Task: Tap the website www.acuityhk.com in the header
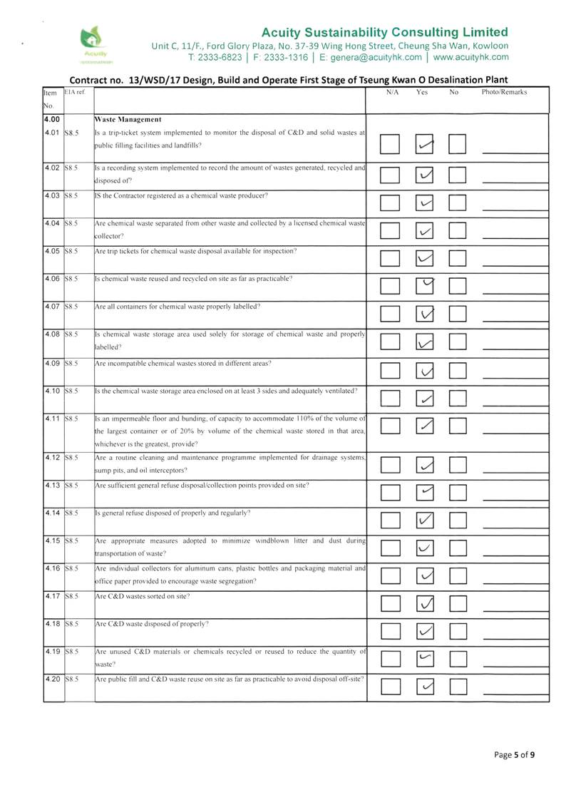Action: pyautogui.click(x=471, y=56)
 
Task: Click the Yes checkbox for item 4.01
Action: pyautogui.click(x=426, y=145)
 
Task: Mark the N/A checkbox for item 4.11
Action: pyautogui.click(x=390, y=426)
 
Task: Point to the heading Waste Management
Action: pyautogui.click(x=128, y=119)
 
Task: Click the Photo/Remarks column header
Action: pyautogui.click(x=504, y=93)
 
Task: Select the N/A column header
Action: pyautogui.click(x=392, y=93)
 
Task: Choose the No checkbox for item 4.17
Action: pyautogui.click(x=458, y=605)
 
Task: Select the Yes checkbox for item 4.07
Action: pyautogui.click(x=426, y=314)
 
